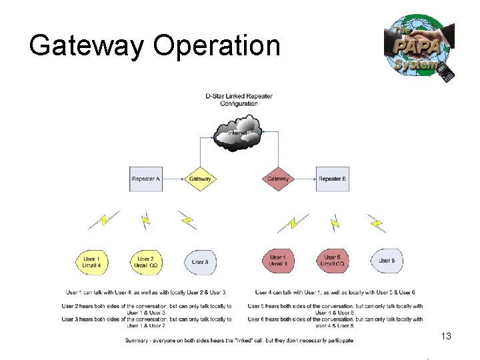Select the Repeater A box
click(x=146, y=179)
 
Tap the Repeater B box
click(x=332, y=179)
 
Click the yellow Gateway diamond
click(x=200, y=179)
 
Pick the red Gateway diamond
click(x=278, y=179)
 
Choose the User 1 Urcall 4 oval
click(x=92, y=261)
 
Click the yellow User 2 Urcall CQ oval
click(x=145, y=261)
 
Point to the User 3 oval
click(x=199, y=261)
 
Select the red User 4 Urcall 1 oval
click(x=278, y=261)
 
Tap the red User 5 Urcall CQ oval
click(x=332, y=261)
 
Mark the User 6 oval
click(x=386, y=261)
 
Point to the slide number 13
click(x=446, y=337)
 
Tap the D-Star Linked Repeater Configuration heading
click(x=239, y=100)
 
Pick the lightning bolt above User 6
click(x=377, y=222)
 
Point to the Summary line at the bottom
click(x=239, y=341)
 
